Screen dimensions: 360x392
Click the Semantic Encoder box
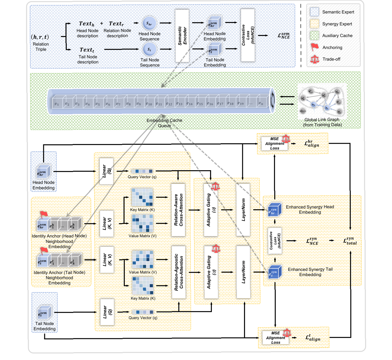182,36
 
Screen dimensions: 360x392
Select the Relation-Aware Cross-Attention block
178,210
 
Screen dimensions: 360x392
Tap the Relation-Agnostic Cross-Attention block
179,272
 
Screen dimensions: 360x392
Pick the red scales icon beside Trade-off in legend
315,59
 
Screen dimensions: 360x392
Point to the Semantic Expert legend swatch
314,12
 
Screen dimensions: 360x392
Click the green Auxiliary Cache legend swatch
314,36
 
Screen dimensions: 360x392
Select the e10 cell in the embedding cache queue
149,104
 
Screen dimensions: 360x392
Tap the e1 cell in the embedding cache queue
57,104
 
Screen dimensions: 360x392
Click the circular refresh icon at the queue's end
272,100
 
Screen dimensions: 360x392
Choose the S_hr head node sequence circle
149,24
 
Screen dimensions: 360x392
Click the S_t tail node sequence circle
149,49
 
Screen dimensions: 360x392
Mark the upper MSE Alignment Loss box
275,143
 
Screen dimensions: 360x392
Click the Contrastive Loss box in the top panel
248,35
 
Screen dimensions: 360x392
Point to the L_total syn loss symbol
350,241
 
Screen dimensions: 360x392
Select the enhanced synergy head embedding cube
275,210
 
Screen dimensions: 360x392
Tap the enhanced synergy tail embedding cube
275,272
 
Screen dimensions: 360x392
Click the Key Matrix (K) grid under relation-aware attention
142,197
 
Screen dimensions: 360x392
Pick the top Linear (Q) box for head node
106,171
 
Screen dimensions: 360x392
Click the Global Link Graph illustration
322,102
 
